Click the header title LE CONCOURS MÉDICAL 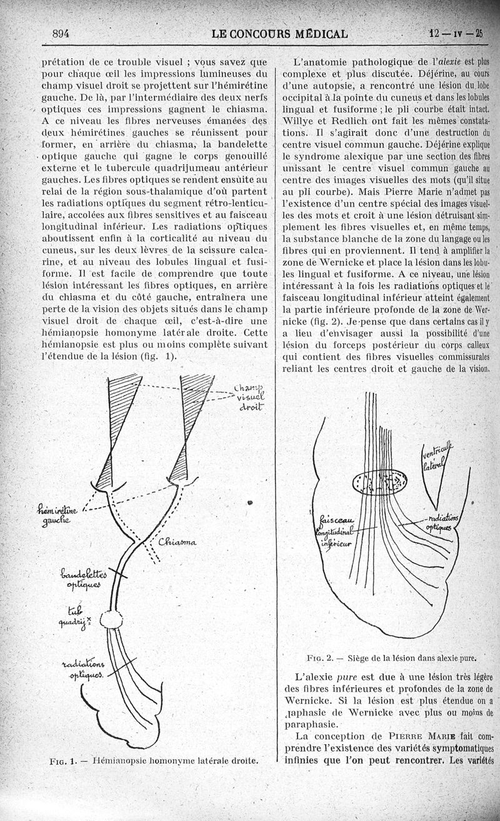click(x=279, y=34)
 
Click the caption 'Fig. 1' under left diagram click(x=63, y=760)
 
